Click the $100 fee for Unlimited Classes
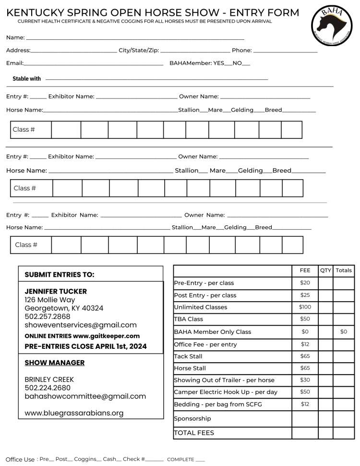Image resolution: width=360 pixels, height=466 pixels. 305,307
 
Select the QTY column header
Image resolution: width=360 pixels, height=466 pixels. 325,270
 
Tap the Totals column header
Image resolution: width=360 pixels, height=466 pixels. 344,270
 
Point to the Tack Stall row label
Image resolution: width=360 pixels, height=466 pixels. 188,356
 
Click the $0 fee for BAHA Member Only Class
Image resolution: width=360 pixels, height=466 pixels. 305,331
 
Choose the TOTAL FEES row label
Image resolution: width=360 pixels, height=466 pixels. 194,432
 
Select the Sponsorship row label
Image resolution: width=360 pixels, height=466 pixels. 192,418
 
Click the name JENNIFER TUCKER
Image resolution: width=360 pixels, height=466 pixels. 56,292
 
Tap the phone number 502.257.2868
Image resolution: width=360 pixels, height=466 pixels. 47,317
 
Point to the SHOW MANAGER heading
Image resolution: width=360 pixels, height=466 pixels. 54,363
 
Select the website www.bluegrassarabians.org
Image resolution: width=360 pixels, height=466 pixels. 74,413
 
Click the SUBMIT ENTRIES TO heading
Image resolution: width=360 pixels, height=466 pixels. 60,274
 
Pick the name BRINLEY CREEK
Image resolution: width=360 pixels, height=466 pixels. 49,380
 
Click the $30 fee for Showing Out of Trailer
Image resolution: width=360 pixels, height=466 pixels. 305,380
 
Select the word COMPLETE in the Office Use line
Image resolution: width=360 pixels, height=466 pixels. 180,459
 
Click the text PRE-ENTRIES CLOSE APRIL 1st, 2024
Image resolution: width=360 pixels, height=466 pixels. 85,346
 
